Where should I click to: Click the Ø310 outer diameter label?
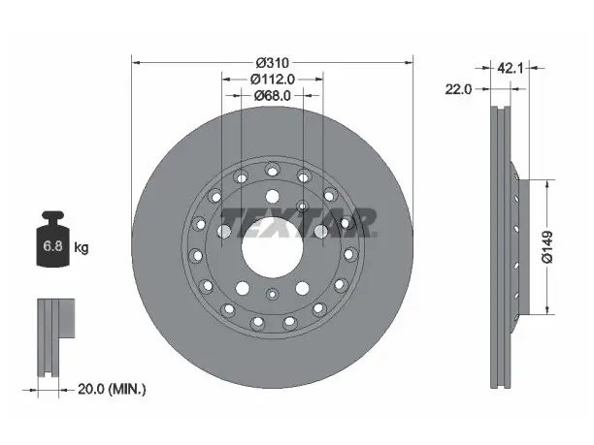pyautogui.click(x=273, y=62)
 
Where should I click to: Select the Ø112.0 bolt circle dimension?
pyautogui.click(x=273, y=79)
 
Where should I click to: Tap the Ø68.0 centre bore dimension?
pyautogui.click(x=273, y=96)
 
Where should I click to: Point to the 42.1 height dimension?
pyautogui.click(x=510, y=68)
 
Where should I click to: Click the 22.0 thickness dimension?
pyautogui.click(x=458, y=89)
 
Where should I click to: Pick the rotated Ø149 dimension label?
pyautogui.click(x=547, y=247)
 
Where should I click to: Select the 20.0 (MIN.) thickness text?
pyautogui.click(x=112, y=389)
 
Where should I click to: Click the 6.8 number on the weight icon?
pyautogui.click(x=52, y=246)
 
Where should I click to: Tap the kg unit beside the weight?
pyautogui.click(x=82, y=248)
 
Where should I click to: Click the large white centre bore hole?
pyautogui.click(x=273, y=247)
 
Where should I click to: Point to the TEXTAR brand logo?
pyautogui.click(x=298, y=223)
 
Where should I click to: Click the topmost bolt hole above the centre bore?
pyautogui.click(x=272, y=197)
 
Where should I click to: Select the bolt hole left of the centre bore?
pyautogui.click(x=224, y=231)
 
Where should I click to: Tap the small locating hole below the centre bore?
pyautogui.click(x=272, y=294)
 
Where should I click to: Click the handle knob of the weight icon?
pyautogui.click(x=53, y=216)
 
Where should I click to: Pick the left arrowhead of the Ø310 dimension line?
pyautogui.click(x=136, y=62)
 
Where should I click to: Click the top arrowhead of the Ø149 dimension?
pyautogui.click(x=547, y=184)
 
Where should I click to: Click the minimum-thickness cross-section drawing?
pyautogui.click(x=55, y=337)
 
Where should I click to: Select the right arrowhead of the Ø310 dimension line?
pyautogui.click(x=409, y=62)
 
